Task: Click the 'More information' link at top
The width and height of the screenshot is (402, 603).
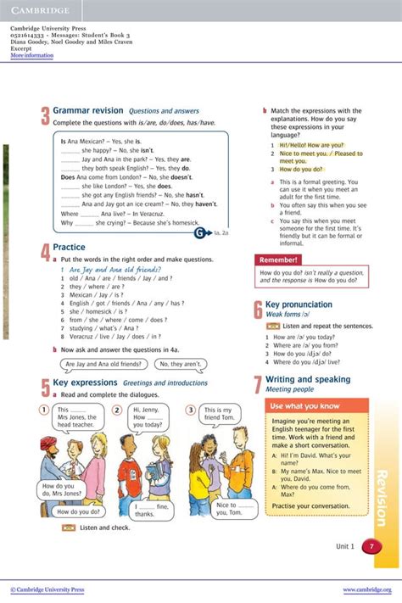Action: (x=31, y=56)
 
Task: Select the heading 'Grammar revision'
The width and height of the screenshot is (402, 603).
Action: (x=88, y=111)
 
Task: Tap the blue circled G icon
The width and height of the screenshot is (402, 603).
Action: (x=199, y=232)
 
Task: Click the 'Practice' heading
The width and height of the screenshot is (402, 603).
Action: (x=69, y=248)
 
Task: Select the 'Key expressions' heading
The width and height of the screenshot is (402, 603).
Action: (x=84, y=382)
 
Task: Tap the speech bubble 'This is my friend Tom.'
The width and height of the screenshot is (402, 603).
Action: (x=218, y=415)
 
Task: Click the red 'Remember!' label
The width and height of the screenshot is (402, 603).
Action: (x=279, y=260)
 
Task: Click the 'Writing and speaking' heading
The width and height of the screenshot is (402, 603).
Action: (x=307, y=380)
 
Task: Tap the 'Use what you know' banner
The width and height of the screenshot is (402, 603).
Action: (x=305, y=406)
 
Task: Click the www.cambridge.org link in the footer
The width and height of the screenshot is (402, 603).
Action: (x=366, y=589)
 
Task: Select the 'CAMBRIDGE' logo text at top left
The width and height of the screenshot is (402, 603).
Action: (x=39, y=9)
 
